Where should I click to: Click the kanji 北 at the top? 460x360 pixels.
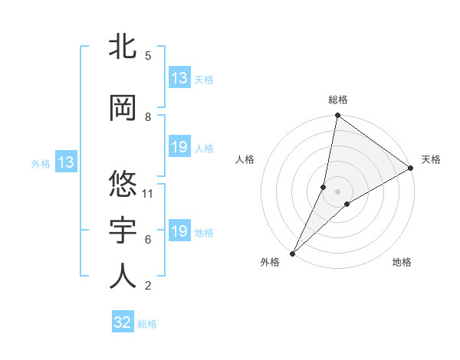point(123,47)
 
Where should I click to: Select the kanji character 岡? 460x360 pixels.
point(123,109)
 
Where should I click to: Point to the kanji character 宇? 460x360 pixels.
point(123,231)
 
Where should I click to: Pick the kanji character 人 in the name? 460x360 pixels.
point(123,277)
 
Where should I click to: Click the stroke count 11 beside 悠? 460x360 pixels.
point(148,194)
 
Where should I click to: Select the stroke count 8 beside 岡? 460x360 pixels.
point(148,117)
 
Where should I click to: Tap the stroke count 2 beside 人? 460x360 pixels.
point(148,286)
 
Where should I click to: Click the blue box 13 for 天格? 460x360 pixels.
point(179,78)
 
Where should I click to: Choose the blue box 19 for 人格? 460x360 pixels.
point(179,147)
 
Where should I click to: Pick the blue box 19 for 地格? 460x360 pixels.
point(179,231)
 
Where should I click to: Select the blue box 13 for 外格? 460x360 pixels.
point(65,162)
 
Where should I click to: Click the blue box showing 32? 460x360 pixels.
point(123,322)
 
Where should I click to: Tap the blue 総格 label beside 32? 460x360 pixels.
point(147,324)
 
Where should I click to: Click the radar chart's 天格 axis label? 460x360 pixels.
point(431,159)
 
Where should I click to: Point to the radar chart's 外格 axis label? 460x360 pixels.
point(270,263)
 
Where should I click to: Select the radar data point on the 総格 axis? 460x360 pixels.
point(337,116)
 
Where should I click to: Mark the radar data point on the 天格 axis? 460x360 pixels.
point(411,169)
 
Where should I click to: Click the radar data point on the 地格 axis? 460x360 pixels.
point(347,204)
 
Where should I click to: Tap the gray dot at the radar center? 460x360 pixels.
point(337,191)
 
